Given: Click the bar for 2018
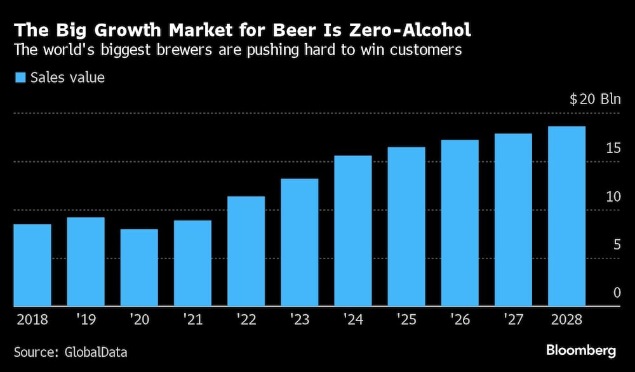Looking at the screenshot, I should (x=32, y=265).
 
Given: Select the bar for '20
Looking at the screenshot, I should (x=139, y=268).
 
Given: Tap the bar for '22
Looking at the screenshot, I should (x=246, y=251).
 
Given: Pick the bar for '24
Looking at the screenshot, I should (x=352, y=231).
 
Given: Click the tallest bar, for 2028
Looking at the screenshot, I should (x=566, y=216).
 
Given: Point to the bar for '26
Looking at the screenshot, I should (x=460, y=223).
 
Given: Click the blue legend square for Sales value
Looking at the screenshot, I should (x=20, y=78).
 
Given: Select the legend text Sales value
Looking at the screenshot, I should (x=68, y=78).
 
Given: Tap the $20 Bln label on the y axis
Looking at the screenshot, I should (x=594, y=100).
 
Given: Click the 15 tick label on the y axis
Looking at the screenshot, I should (x=613, y=149).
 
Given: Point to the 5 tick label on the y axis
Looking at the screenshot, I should (x=617, y=244).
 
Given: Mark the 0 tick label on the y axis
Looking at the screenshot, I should (x=617, y=293).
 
